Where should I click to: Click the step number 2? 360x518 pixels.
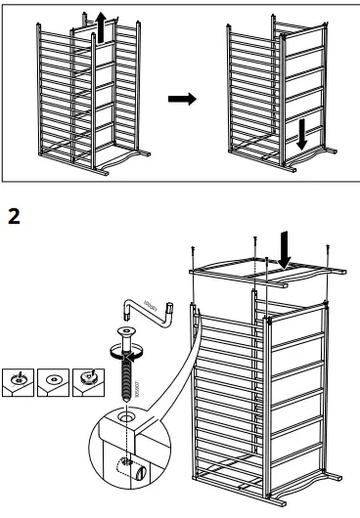[14, 215]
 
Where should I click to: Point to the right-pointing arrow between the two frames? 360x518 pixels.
[182, 100]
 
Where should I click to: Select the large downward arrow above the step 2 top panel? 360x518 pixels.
[285, 249]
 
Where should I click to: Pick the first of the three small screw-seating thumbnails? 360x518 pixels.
[17, 380]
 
